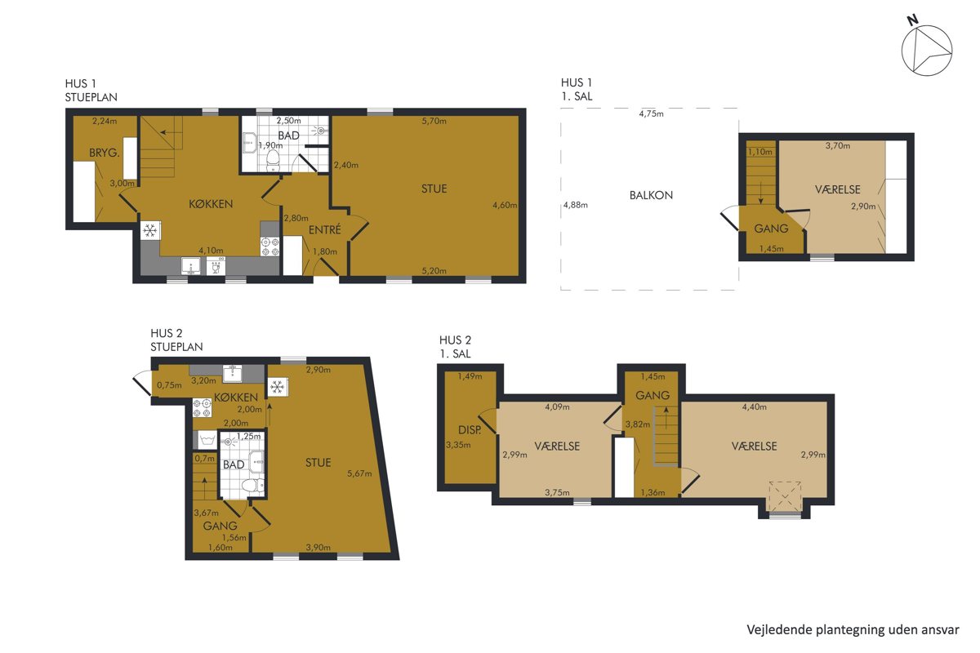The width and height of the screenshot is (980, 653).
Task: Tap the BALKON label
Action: [x=651, y=195]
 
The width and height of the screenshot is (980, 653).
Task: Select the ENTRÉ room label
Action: [x=325, y=229]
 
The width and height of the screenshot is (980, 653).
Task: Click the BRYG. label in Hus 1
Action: [x=105, y=153]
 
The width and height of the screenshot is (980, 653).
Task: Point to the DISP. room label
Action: [x=470, y=430]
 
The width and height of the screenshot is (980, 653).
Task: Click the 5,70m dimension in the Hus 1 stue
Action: [x=434, y=121]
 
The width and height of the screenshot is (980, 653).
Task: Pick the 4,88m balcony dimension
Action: [x=575, y=205]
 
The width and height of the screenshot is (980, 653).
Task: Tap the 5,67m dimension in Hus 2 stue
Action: [x=359, y=473]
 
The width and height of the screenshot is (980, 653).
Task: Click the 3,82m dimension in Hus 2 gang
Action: [x=638, y=424]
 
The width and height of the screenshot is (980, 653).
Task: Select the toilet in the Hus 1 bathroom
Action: [x=273, y=160]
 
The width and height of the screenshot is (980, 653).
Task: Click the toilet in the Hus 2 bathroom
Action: [x=253, y=485]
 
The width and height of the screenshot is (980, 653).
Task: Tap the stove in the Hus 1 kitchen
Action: [x=270, y=247]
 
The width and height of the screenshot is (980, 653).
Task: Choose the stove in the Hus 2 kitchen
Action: [x=203, y=407]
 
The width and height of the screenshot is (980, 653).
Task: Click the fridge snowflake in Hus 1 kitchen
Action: [x=150, y=230]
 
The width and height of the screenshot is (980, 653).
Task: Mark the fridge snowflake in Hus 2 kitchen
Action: [x=278, y=387]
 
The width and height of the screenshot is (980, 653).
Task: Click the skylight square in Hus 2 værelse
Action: [x=785, y=496]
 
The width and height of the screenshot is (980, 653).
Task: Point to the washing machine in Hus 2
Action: [x=207, y=439]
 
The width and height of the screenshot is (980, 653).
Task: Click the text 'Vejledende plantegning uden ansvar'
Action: [x=853, y=630]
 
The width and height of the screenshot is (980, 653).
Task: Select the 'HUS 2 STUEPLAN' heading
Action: [x=176, y=340]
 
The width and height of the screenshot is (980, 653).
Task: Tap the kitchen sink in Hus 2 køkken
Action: [x=232, y=374]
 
